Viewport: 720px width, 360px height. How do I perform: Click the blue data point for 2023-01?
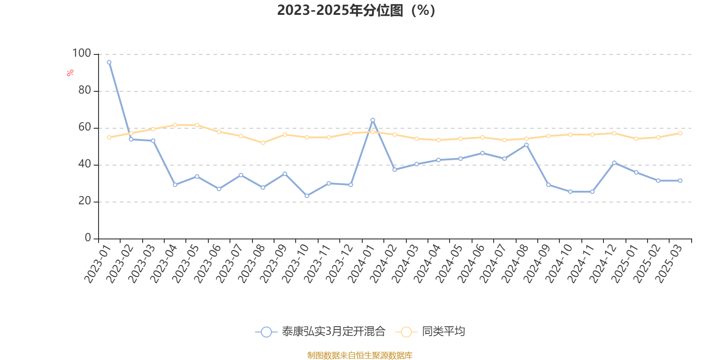point(109,63)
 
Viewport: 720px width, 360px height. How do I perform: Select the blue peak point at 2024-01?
point(373,120)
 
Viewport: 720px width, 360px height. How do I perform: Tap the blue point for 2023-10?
point(306,196)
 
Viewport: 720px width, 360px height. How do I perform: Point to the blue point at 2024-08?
point(526,145)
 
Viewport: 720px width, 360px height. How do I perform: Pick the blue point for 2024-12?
point(614,163)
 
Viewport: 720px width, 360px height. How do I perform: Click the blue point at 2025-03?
point(680,180)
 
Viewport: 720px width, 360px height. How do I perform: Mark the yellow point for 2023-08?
point(263,143)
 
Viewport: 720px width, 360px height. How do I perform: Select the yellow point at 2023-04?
point(175,125)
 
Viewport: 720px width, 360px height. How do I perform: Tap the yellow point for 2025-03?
point(680,133)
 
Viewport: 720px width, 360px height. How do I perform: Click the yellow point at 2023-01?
point(109,137)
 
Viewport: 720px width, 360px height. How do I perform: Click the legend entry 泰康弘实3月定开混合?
point(320,331)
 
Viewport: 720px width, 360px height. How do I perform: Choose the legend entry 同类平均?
point(430,331)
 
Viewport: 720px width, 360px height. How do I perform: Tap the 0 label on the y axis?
point(88,238)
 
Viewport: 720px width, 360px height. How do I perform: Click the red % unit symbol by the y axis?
point(70,73)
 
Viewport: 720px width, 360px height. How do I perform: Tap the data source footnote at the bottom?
point(360,355)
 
